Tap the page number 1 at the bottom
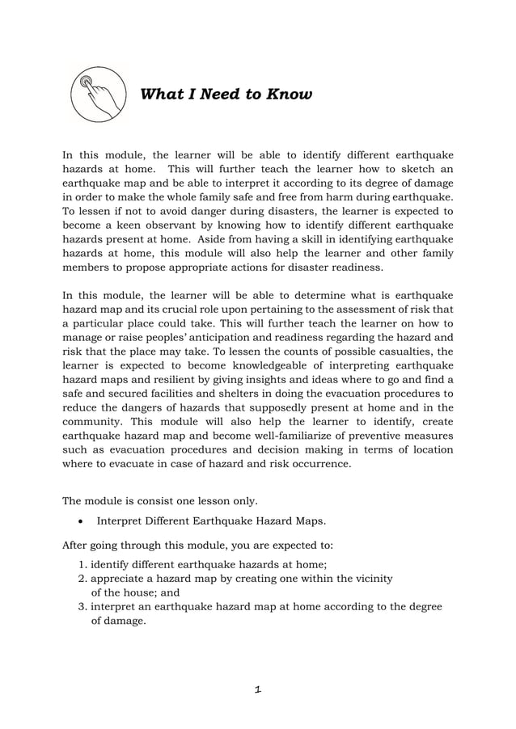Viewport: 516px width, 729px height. pos(257,689)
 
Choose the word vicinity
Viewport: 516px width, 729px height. pos(371,579)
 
